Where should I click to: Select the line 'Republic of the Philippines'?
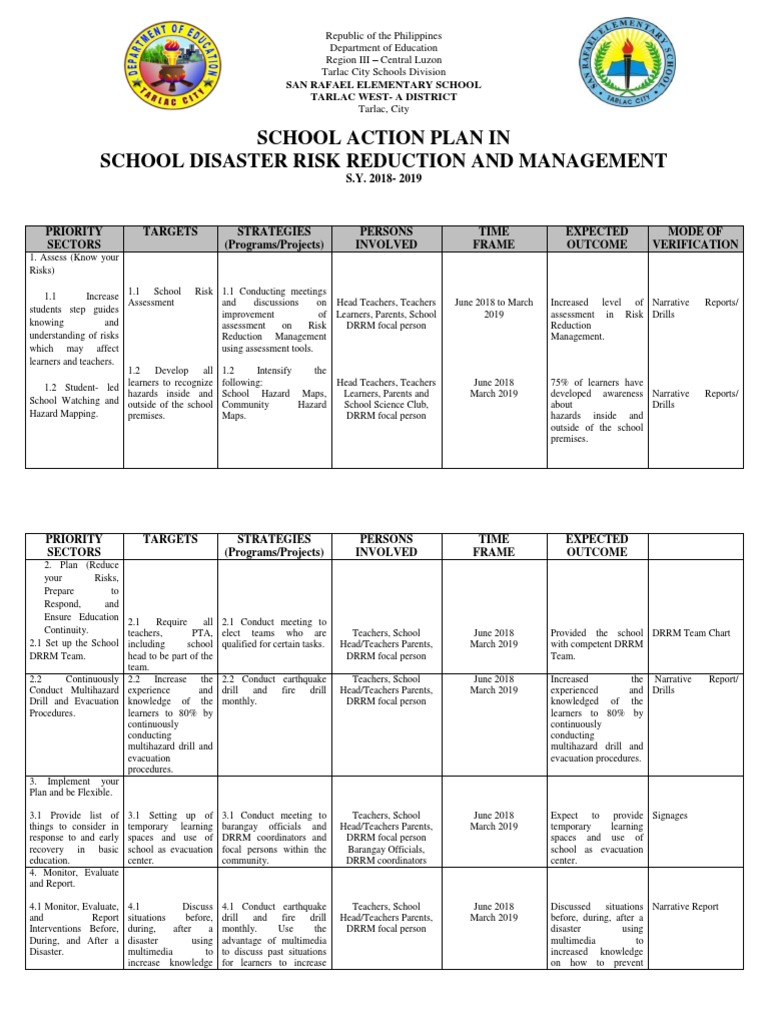click(384, 36)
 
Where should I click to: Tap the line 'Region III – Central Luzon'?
click(384, 60)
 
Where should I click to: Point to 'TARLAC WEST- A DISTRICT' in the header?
click(384, 97)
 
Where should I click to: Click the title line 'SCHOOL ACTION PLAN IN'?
click(384, 137)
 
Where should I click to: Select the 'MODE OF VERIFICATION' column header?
click(695, 238)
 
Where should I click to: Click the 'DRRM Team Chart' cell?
click(692, 633)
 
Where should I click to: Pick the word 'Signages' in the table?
click(671, 816)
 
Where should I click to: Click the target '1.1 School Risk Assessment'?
click(170, 298)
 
